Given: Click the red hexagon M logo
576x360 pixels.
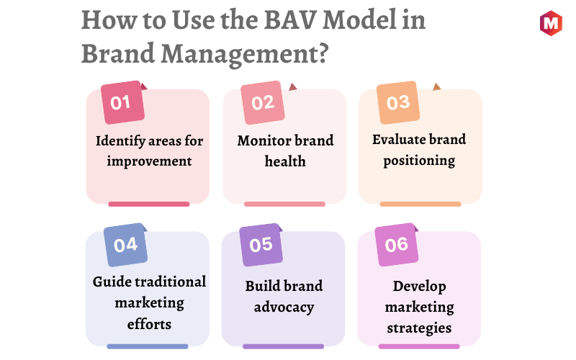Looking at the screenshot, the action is click(x=551, y=23).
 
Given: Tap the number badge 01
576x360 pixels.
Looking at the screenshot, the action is click(x=122, y=102).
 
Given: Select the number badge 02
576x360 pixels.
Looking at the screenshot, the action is click(x=263, y=102).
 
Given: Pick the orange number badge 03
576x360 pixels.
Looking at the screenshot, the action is click(x=398, y=102).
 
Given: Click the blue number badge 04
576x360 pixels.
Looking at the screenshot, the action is click(x=125, y=245).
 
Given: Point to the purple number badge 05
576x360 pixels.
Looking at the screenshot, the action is click(x=261, y=245).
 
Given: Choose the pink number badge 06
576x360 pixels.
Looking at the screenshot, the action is click(x=397, y=245).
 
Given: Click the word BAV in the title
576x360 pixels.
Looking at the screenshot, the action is click(x=290, y=20).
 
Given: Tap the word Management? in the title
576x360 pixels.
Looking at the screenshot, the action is click(x=245, y=55).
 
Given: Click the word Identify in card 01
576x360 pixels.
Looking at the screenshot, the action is click(x=120, y=141).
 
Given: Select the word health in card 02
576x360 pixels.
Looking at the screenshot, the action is click(x=285, y=161).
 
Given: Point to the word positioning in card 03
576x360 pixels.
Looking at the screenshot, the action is click(x=419, y=161).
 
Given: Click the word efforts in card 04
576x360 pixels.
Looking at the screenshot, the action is click(x=149, y=325).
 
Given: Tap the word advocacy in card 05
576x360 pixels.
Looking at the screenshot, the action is click(x=284, y=307).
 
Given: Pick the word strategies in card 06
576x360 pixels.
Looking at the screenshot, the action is click(x=419, y=328).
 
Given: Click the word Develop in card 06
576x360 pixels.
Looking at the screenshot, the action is click(x=420, y=287).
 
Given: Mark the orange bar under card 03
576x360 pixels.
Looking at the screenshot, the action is click(x=420, y=204).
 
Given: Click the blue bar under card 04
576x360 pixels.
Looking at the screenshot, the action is click(x=148, y=346).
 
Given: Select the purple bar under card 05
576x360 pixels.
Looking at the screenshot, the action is click(x=283, y=346).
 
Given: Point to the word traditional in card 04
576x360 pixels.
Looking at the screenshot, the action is click(x=172, y=282).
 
